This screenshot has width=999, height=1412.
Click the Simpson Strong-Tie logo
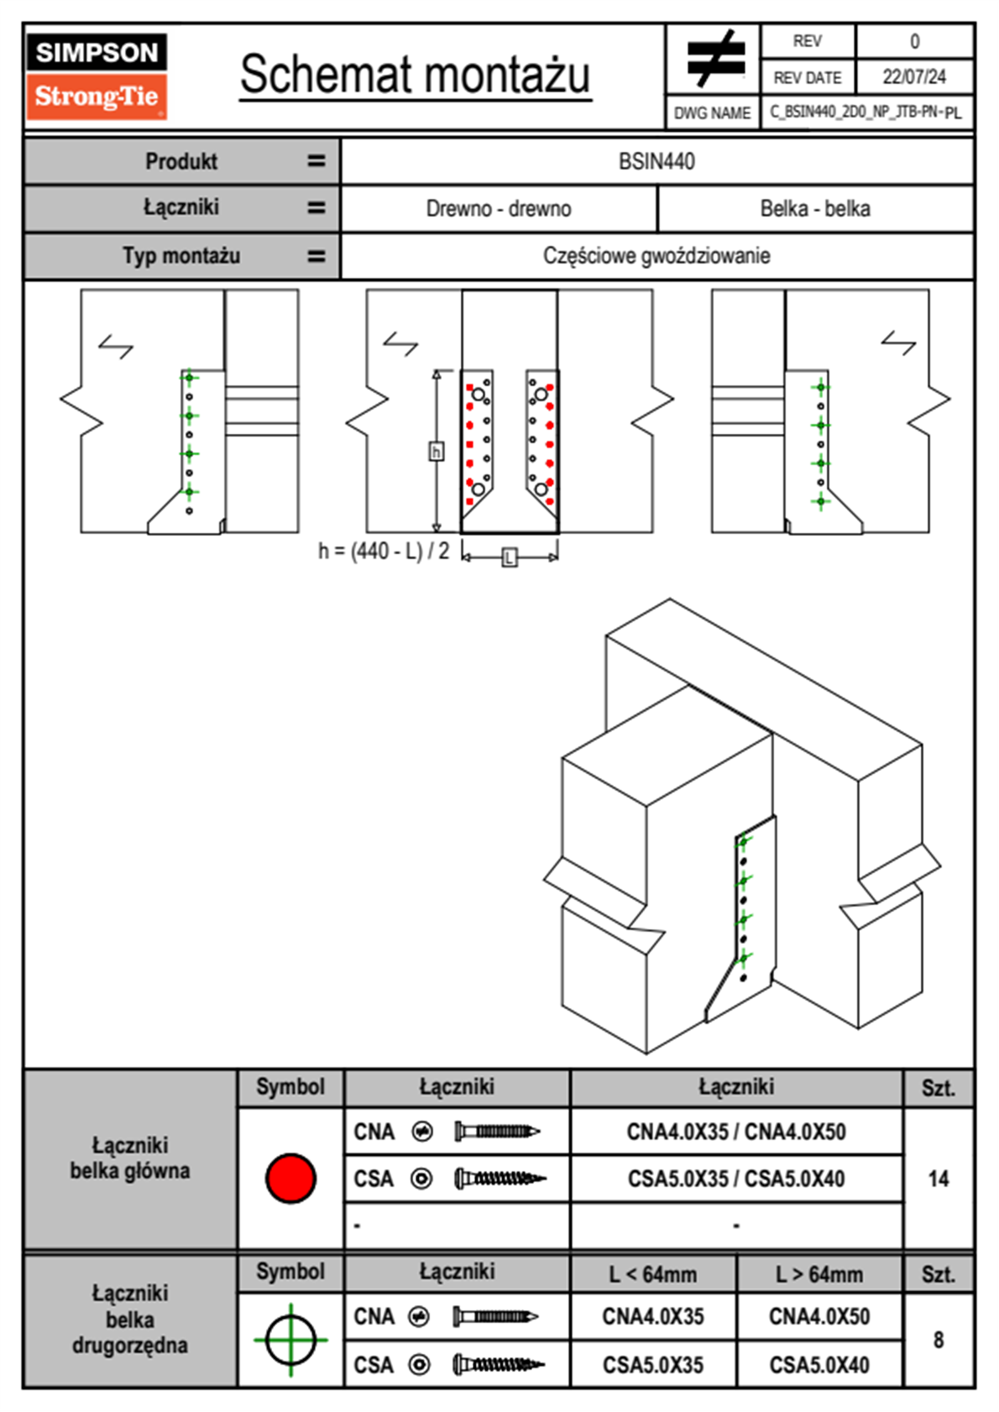coord(97,76)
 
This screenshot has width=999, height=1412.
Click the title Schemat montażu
coord(416,75)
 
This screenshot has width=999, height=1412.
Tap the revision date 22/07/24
coord(913,77)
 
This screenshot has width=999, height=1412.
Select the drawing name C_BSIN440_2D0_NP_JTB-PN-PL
coord(866,112)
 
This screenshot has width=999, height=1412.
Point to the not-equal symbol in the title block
coord(715,59)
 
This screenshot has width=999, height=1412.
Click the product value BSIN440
coord(656,161)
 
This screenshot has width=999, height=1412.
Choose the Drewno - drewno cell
coord(499,208)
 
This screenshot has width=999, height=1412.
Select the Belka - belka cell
coord(814,208)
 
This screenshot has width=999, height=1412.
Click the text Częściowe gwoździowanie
coord(656,255)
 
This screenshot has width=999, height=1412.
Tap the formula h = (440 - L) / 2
coord(384,552)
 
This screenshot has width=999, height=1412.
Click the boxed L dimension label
coord(510,557)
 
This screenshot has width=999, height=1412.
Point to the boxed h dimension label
coord(436,452)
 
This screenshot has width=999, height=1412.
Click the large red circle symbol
coord(290,1178)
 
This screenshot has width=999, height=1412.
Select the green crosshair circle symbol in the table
coord(290,1340)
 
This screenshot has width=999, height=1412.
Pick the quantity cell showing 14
coord(938,1179)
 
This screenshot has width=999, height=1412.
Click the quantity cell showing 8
coord(938,1340)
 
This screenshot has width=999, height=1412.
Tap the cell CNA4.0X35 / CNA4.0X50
coord(736,1132)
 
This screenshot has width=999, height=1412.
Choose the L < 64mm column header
coord(653,1274)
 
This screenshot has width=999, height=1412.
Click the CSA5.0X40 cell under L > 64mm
coord(819,1365)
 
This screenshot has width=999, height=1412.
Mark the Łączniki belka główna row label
coord(130,1158)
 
